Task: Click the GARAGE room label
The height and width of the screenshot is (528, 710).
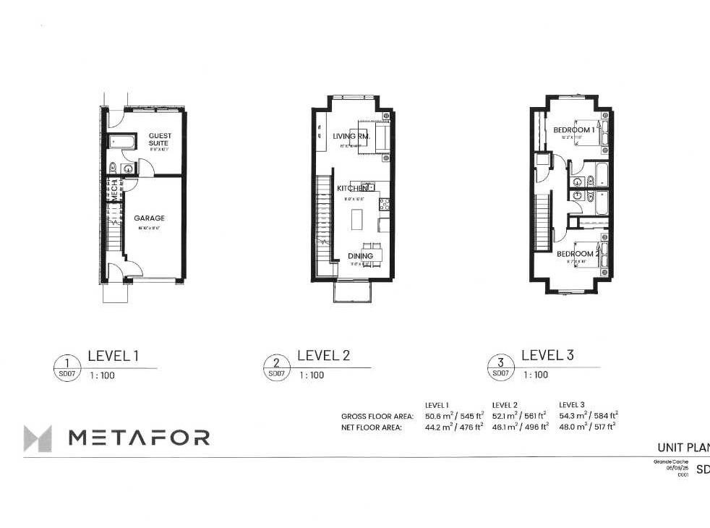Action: coord(148,218)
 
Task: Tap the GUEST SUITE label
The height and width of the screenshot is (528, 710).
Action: coord(158,140)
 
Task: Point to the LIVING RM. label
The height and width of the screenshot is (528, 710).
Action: coord(351,136)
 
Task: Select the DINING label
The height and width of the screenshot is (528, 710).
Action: coord(360,256)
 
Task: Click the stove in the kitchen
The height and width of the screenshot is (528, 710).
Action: coord(385,205)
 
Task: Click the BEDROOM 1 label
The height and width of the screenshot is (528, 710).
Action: coord(574,130)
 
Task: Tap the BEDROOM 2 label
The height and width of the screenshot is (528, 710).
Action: coord(577,254)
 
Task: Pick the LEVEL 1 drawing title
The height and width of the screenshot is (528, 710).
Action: coord(113,356)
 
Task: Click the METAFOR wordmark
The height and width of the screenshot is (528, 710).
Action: coord(139,438)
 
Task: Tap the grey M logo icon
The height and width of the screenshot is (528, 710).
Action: coord(38,438)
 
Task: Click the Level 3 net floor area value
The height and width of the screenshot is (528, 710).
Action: coord(587,427)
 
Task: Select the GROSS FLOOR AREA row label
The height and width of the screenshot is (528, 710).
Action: coord(377,417)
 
